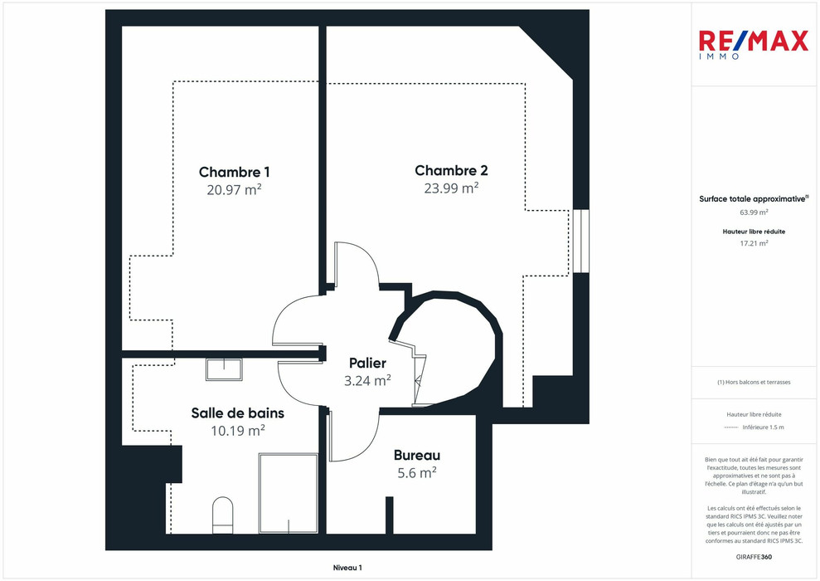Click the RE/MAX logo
pos(753,43)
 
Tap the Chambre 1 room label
pos(234,172)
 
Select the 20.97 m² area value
pos(234,189)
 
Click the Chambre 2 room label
pos(451,170)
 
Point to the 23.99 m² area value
pos(451,188)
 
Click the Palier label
pos(367,364)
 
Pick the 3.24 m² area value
pos(367,381)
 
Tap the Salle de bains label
pos(237,413)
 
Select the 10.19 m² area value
pos(237,430)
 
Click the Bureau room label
pos(416,455)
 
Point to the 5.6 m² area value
pos(416,472)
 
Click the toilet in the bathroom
pos(223,514)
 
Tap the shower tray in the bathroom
pos(288,493)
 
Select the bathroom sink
pos(224,369)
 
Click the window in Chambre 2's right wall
pos(580,241)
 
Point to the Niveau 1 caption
pos(347,568)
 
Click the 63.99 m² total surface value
pos(754,212)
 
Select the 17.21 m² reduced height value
pos(754,243)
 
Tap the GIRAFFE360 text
pos(754,556)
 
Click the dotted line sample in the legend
pos(730,427)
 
